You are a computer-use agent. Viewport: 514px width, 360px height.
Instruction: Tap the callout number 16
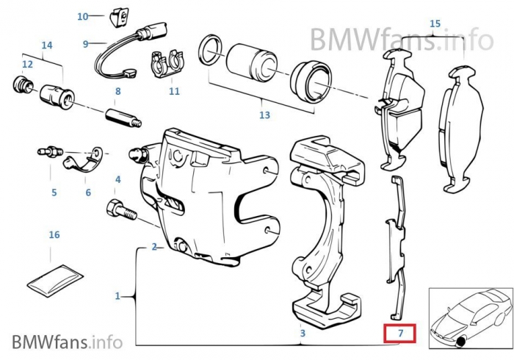pos(54,235)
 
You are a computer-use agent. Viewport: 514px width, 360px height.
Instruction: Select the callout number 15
pos(435,24)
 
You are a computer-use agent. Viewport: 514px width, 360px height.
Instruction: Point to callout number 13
pos(264,115)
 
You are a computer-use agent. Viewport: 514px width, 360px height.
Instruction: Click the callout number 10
pos(82,16)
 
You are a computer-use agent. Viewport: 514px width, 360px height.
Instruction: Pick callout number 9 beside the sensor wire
pos(85,44)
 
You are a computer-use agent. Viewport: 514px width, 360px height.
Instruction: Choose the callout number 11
pos(174,92)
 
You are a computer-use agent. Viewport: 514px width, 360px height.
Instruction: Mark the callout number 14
pos(47,46)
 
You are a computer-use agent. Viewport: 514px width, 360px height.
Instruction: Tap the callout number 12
pos(27,65)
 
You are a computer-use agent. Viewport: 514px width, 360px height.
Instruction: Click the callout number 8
pos(117,91)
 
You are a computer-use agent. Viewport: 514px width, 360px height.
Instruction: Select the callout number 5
pos(54,193)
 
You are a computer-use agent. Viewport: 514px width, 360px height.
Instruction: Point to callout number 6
pos(88,192)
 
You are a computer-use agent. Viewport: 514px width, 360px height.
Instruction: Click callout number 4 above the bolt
pos(117,179)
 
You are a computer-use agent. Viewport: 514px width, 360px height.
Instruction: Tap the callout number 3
pos(303,334)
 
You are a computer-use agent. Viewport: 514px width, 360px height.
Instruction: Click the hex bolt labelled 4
pos(120,209)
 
